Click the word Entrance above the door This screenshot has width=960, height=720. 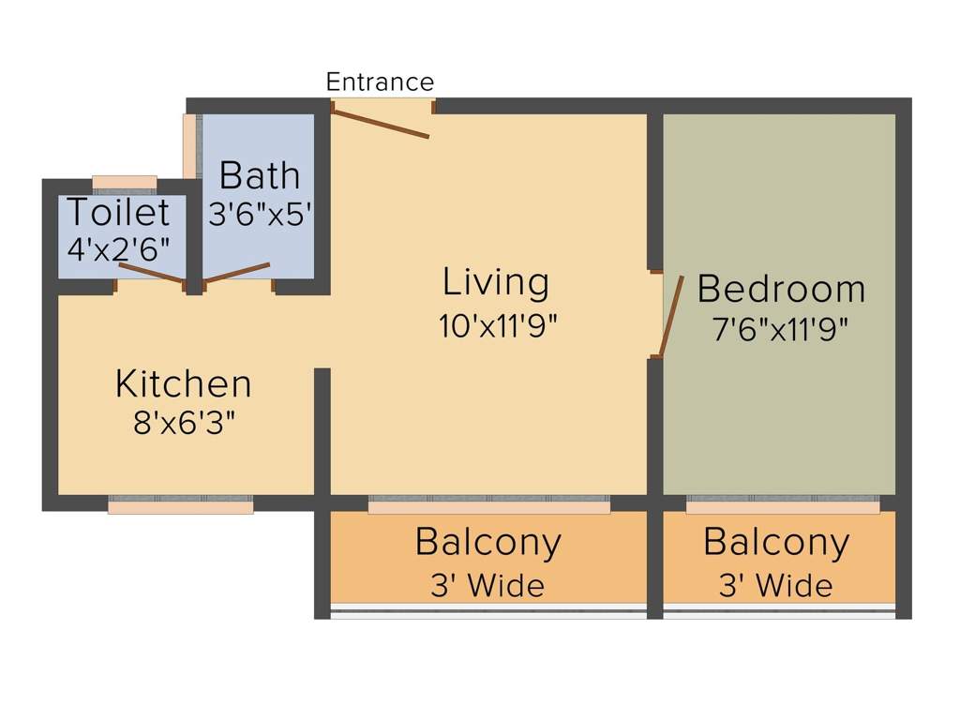(x=380, y=82)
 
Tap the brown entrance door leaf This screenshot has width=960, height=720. (x=381, y=123)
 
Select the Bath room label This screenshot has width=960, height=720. (x=260, y=175)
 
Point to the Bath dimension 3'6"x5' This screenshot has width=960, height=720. (x=261, y=215)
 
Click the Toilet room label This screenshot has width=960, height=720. (x=117, y=213)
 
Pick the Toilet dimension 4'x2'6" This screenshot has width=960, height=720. (x=118, y=249)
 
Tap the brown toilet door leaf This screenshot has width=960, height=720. (x=152, y=273)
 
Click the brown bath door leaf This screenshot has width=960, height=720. (x=236, y=273)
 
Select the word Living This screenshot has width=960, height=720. (x=496, y=283)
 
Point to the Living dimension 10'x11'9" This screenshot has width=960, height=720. (x=498, y=325)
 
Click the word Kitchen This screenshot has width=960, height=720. (x=183, y=383)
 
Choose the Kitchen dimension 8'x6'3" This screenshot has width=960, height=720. (x=185, y=423)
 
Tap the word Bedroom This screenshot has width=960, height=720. (x=781, y=289)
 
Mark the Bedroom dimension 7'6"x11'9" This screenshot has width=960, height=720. (x=780, y=330)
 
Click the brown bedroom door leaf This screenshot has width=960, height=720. (x=671, y=316)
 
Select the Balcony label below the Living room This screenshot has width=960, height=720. (x=487, y=544)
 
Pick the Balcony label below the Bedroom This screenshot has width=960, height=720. (x=776, y=544)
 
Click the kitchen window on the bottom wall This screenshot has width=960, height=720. (x=181, y=504)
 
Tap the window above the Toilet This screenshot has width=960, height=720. (x=125, y=185)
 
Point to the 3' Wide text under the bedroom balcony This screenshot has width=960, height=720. (x=775, y=586)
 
